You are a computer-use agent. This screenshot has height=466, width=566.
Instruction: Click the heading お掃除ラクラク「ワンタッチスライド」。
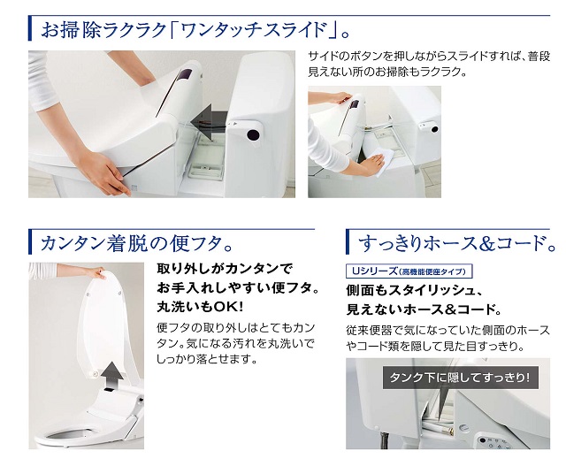click(195, 30)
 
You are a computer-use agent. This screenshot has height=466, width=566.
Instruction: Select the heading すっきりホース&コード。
click(457, 243)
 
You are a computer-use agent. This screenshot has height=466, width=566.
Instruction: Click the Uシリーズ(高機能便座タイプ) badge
click(409, 271)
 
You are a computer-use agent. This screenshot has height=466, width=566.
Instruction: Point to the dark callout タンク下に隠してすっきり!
click(460, 378)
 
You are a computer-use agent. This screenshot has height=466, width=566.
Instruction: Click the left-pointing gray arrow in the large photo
click(209, 124)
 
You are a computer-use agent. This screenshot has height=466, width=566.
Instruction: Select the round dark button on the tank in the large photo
click(253, 134)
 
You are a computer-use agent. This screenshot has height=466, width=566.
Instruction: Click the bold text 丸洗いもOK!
click(200, 307)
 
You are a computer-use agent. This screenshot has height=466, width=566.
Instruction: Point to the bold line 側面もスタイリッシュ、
click(414, 290)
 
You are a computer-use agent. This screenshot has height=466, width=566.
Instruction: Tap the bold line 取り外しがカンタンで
click(225, 269)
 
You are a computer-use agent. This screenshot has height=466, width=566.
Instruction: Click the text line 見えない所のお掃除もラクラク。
click(387, 72)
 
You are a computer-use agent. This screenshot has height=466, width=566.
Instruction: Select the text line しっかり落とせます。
click(207, 359)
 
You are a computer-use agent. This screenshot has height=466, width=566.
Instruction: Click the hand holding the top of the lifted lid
click(96, 271)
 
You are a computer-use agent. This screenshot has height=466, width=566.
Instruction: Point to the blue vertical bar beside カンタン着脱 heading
click(30, 241)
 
